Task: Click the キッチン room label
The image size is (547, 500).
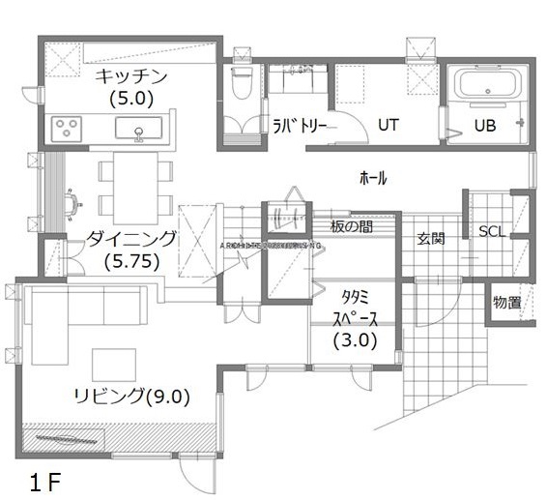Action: coord(131,77)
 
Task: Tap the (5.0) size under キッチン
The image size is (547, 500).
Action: coord(131,97)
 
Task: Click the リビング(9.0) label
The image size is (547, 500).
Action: coord(130,395)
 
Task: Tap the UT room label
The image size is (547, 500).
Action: coord(388,124)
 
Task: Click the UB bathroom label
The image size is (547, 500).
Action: coord(485,124)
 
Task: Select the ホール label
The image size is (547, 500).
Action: coord(372,178)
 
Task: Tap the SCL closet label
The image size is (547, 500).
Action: coord(492,231)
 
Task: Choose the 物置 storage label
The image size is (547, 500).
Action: coord(506,303)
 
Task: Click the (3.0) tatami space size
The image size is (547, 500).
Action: coord(355,340)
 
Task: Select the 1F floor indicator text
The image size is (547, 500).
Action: coord(44,481)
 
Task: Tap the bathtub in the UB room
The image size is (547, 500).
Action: coord(486,85)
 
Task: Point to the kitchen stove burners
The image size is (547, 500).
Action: coord(70,127)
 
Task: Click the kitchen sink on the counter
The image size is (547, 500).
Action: coord(139,128)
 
